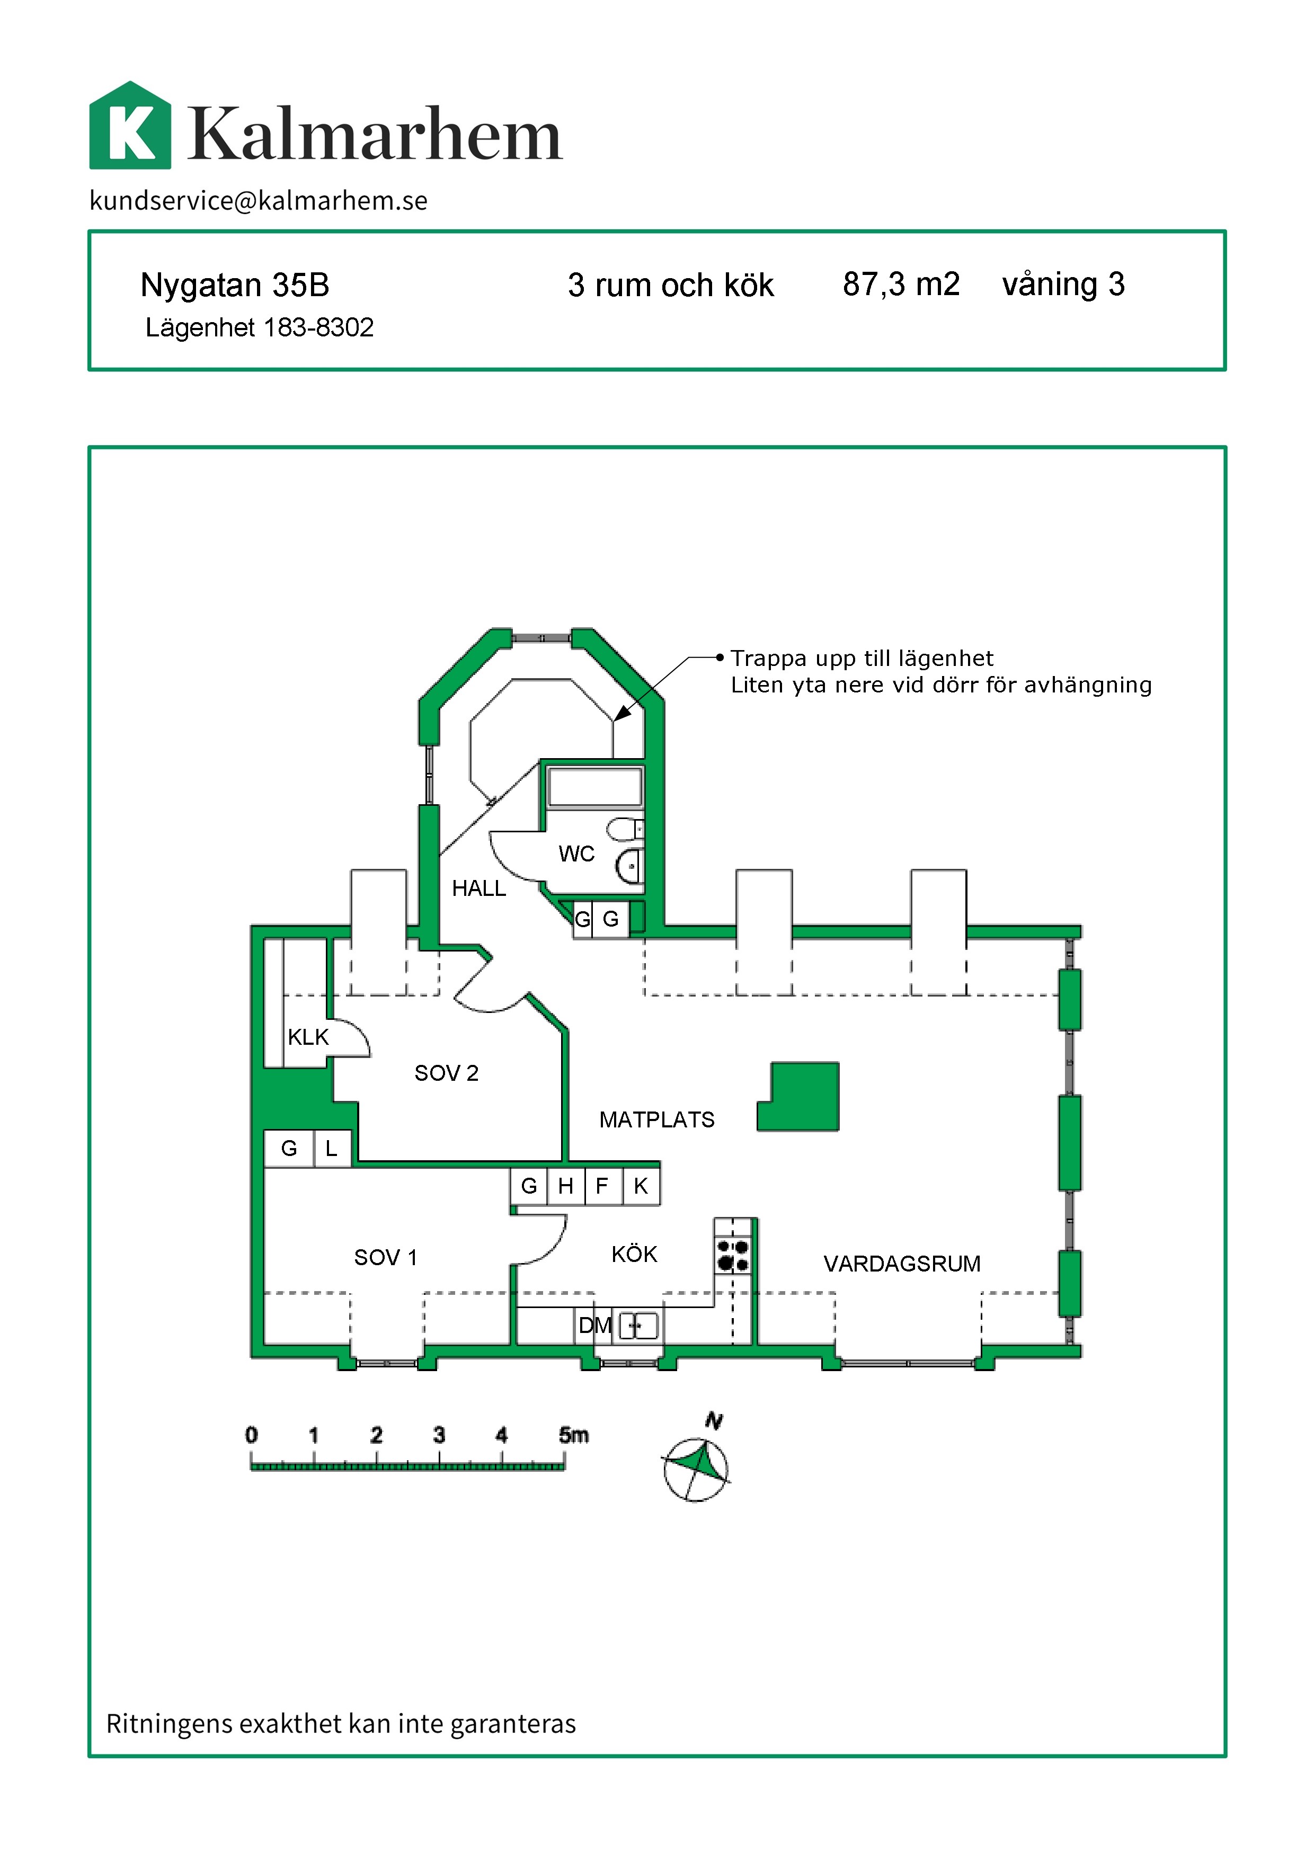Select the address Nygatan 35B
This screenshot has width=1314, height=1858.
coord(235,285)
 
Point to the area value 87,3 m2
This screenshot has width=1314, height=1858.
coord(901,284)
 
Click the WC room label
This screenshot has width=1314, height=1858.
coord(576,854)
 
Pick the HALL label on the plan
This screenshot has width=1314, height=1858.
coord(478,888)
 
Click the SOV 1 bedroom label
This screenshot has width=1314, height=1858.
coord(385,1258)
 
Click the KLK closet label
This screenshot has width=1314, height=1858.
coord(308,1037)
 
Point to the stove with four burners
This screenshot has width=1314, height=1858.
coord(733,1255)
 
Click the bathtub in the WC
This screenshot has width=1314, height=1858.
coord(594,787)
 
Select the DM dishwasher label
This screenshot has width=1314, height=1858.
coord(594,1326)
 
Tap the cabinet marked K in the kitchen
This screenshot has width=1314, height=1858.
coord(641,1186)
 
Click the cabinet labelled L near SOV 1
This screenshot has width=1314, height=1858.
coord(332,1148)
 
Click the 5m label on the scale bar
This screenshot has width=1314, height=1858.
coord(574,1435)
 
